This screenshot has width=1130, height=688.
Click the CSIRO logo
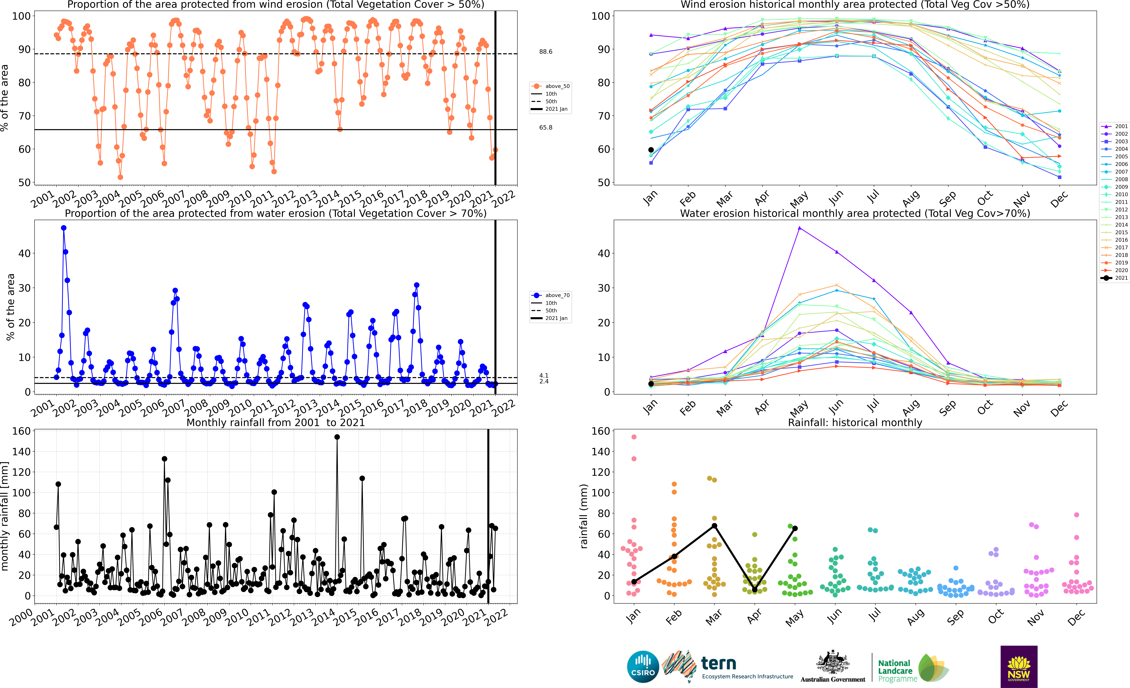pos(643,666)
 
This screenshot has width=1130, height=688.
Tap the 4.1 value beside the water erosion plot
pos(544,375)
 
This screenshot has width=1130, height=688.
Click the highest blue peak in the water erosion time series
pos(64,228)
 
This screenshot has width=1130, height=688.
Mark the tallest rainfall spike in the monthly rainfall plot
pos(337,437)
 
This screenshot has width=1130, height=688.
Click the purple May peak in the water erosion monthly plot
pos(799,228)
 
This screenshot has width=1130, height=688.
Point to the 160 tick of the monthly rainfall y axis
pos(21,431)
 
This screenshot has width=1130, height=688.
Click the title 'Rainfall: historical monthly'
pos(855,422)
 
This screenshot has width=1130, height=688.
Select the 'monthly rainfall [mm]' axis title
pos(5,516)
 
